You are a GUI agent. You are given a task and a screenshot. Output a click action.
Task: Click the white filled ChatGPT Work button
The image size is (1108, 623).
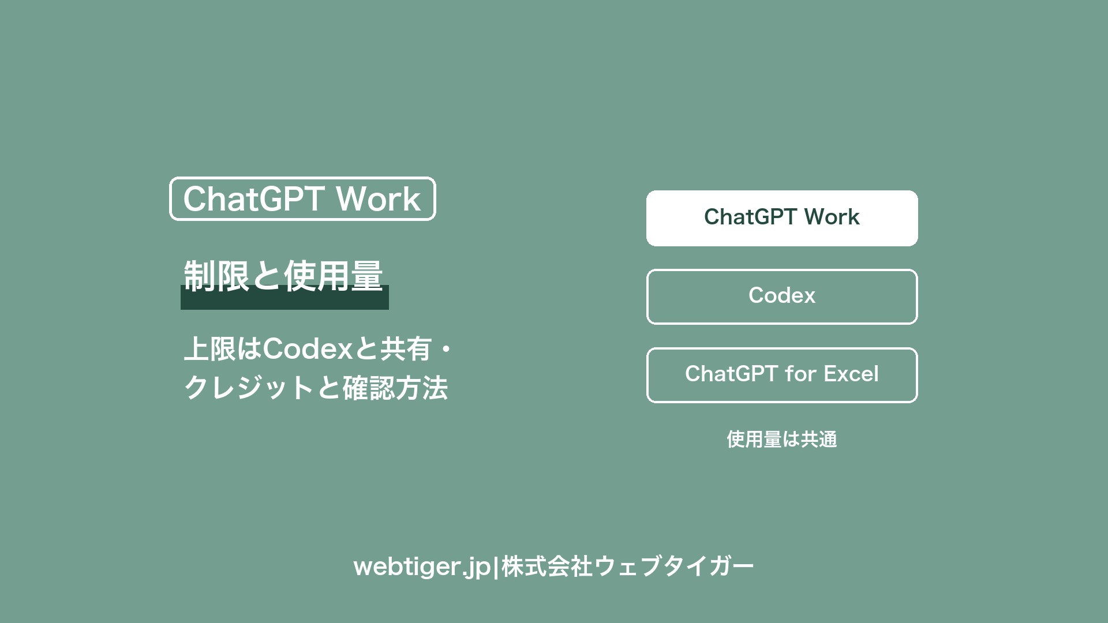[x=782, y=218]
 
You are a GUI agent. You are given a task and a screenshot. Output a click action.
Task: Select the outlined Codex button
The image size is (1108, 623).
[x=782, y=297]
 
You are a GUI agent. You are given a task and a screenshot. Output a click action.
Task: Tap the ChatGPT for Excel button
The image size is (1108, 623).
[x=782, y=375]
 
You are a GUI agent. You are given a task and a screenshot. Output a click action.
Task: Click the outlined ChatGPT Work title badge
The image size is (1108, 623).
[x=302, y=198]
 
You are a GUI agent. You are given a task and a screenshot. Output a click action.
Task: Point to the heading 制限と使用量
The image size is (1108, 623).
[x=283, y=276]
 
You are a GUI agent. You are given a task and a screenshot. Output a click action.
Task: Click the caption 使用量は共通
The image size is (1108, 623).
[x=782, y=440]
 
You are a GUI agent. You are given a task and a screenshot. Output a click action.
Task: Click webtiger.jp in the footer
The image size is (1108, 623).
[x=422, y=567]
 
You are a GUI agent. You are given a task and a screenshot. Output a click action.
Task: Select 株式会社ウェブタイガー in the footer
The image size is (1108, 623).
[x=628, y=566]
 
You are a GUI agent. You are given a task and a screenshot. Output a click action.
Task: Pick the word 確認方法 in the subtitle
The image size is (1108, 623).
[x=395, y=388]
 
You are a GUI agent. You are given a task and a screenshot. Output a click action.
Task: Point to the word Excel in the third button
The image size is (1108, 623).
[x=851, y=374]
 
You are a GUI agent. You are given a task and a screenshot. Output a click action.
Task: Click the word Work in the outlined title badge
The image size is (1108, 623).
[x=378, y=199]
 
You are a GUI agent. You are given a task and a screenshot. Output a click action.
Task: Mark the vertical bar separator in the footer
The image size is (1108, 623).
[x=496, y=566]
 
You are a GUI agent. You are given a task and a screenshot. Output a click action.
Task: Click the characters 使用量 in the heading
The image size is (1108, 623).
[x=334, y=276]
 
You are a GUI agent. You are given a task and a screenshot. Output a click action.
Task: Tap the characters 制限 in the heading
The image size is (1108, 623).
[x=216, y=276]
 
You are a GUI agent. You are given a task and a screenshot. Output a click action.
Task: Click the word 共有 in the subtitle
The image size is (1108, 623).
[x=406, y=349]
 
